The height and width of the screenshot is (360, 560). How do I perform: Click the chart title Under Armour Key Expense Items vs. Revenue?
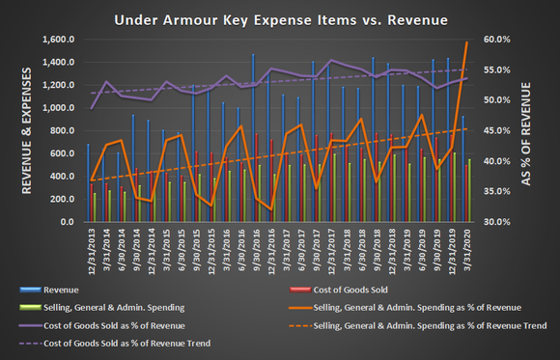click(280, 18)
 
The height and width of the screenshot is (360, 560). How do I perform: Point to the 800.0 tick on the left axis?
click(61, 131)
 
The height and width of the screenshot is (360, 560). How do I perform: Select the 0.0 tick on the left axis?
click(67, 222)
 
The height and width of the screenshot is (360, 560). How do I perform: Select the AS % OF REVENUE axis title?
click(541, 130)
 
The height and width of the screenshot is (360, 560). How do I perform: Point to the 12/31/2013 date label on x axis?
click(89, 249)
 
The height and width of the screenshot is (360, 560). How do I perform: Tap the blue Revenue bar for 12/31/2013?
click(87, 183)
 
